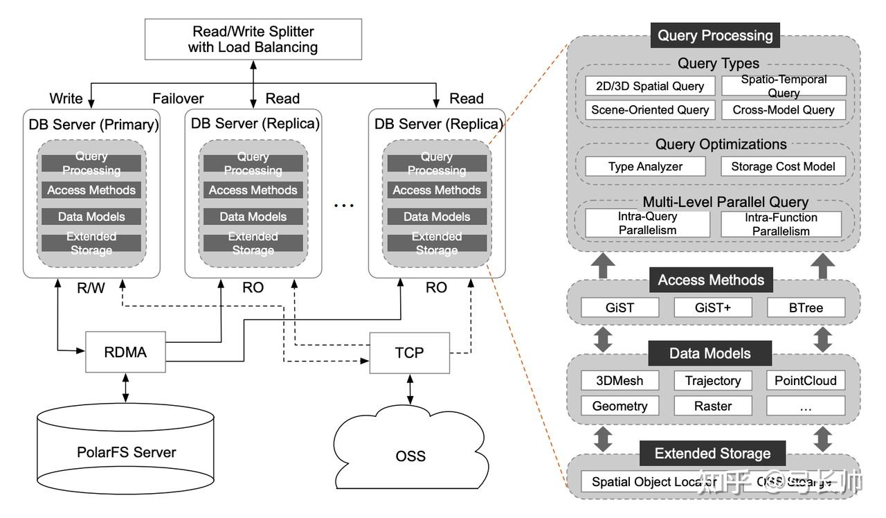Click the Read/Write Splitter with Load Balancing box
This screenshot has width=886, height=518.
tap(253, 39)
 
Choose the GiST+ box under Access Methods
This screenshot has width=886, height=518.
tap(712, 307)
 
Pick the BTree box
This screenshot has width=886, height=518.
tap(806, 307)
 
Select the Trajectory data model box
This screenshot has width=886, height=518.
tap(712, 380)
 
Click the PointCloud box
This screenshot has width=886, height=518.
tap(806, 380)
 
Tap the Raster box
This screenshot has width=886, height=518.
tap(712, 406)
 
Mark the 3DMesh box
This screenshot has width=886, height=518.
tap(620, 380)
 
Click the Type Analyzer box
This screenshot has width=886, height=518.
tap(645, 166)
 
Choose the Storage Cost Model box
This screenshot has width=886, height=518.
tap(783, 166)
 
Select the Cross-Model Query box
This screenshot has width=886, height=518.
tap(783, 109)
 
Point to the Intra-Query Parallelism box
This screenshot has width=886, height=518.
tap(647, 223)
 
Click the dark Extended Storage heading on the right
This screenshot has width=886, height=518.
tap(712, 454)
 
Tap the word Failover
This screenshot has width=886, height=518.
tap(178, 98)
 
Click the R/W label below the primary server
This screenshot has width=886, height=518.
tap(91, 287)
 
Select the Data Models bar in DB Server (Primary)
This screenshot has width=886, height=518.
tap(91, 217)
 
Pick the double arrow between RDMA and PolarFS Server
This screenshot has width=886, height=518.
tap(125, 388)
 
